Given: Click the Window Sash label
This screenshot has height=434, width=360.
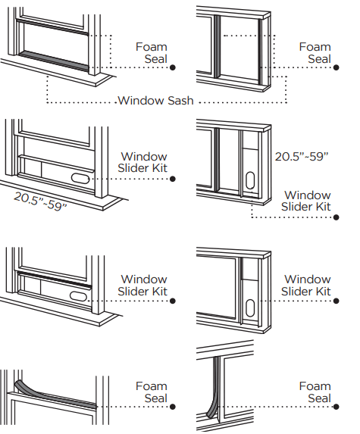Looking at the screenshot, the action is tap(155, 101).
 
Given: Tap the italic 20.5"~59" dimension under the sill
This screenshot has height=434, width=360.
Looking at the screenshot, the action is tap(40, 201).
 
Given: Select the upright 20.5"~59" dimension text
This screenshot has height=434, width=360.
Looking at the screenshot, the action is tap(302, 157).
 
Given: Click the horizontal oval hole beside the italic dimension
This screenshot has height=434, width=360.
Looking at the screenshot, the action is tap(80, 178).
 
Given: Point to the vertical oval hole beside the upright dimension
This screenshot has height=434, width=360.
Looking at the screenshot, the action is tap(250, 180).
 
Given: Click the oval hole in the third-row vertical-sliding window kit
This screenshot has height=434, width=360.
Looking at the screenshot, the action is tap(78, 295).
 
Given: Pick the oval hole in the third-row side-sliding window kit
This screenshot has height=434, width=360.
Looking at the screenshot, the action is tap(250, 308).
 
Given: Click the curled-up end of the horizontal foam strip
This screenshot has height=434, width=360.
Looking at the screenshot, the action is tap(18, 385).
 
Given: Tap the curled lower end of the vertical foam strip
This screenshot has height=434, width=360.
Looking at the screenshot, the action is tap(211, 413).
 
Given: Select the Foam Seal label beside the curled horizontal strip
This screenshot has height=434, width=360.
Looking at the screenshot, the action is tap(152, 392).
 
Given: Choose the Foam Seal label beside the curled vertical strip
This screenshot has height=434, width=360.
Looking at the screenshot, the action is tap(315, 392).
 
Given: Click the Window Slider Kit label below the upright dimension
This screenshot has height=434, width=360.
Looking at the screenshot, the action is tap(306, 201).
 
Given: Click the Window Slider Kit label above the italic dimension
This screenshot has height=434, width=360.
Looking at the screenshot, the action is tap(142, 163).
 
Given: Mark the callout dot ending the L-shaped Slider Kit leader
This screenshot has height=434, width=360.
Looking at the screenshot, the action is tap(337, 217).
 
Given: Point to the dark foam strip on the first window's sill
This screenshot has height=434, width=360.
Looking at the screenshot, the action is tap(54, 60).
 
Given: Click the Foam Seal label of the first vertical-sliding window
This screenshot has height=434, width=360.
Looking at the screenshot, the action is tap(152, 53).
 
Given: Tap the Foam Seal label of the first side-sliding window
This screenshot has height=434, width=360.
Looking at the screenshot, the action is tap(315, 53).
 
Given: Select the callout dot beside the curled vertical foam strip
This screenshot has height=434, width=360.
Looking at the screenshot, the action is tap(337, 407).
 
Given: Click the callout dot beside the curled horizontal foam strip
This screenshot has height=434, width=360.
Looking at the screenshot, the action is tap(173, 407).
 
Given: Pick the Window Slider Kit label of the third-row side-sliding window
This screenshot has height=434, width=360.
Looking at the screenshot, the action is tap(306, 285).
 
